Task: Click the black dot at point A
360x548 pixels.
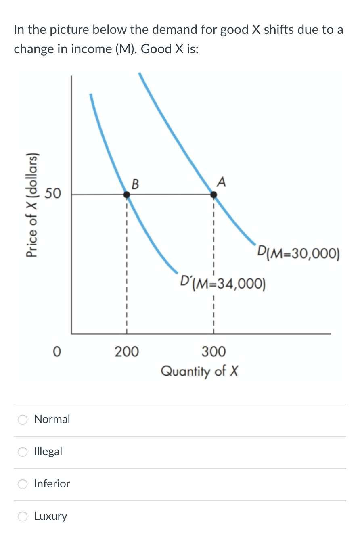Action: tap(214, 195)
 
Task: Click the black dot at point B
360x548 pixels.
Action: tap(127, 195)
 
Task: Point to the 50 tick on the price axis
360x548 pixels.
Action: tap(53, 194)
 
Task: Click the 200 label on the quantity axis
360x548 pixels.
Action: tap(126, 352)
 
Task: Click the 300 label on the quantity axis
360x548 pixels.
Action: tap(213, 352)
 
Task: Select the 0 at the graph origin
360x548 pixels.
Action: tap(57, 352)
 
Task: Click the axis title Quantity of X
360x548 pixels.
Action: tap(199, 370)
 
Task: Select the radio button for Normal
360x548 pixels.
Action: tap(23, 420)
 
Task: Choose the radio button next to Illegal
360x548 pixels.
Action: tap(23, 452)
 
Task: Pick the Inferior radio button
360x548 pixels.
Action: tap(23, 484)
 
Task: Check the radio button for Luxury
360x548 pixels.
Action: tap(23, 517)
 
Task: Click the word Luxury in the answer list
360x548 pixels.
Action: tap(51, 516)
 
